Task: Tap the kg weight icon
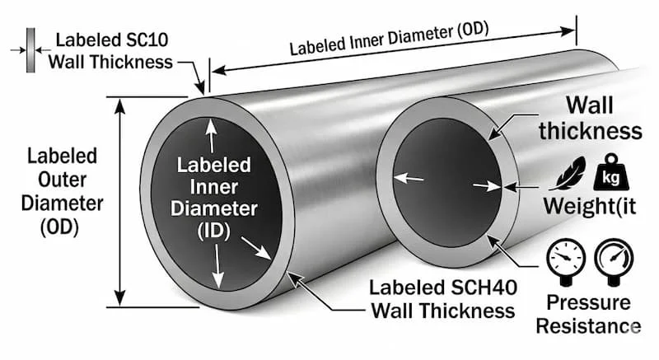pyautogui.click(x=610, y=173)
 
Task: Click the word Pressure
pyautogui.click(x=588, y=303)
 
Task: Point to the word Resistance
pyautogui.click(x=588, y=326)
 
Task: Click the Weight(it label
pyautogui.click(x=589, y=206)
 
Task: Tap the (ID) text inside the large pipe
pyautogui.click(x=214, y=231)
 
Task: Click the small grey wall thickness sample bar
pyautogui.click(x=30, y=50)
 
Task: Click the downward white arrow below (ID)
pyautogui.click(x=217, y=266)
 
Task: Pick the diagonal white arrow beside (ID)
pyautogui.click(x=256, y=248)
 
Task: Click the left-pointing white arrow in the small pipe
pyautogui.click(x=409, y=178)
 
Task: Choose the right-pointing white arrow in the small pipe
pyautogui.click(x=487, y=185)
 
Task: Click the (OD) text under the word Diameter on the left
pyautogui.click(x=59, y=227)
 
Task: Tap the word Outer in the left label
pyautogui.click(x=63, y=180)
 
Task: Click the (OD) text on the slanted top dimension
pyautogui.click(x=472, y=30)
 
